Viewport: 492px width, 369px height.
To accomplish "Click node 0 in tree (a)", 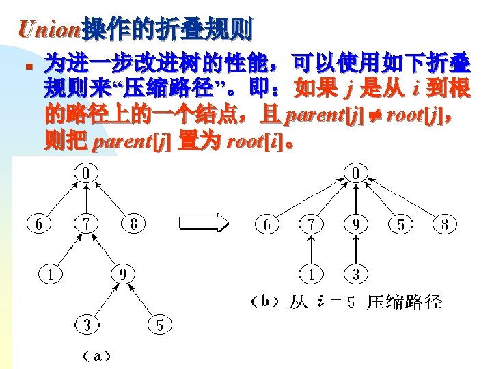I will point(85,174).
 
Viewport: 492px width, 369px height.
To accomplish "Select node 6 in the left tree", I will point(39,224).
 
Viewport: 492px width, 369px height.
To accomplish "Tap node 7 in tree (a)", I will point(85,224).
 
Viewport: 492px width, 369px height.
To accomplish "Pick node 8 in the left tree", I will point(134,224).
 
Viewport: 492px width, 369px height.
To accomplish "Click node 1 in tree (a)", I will point(51,275).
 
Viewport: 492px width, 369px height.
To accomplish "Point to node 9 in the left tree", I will point(122,275).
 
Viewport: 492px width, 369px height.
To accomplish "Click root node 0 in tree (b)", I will point(355,174).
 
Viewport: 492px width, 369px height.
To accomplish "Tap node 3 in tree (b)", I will point(356,275).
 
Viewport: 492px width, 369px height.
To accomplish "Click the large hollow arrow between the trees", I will point(203,224).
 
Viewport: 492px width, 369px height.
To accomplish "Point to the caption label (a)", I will point(96,355).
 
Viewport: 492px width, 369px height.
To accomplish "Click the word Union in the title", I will point(50,29).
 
